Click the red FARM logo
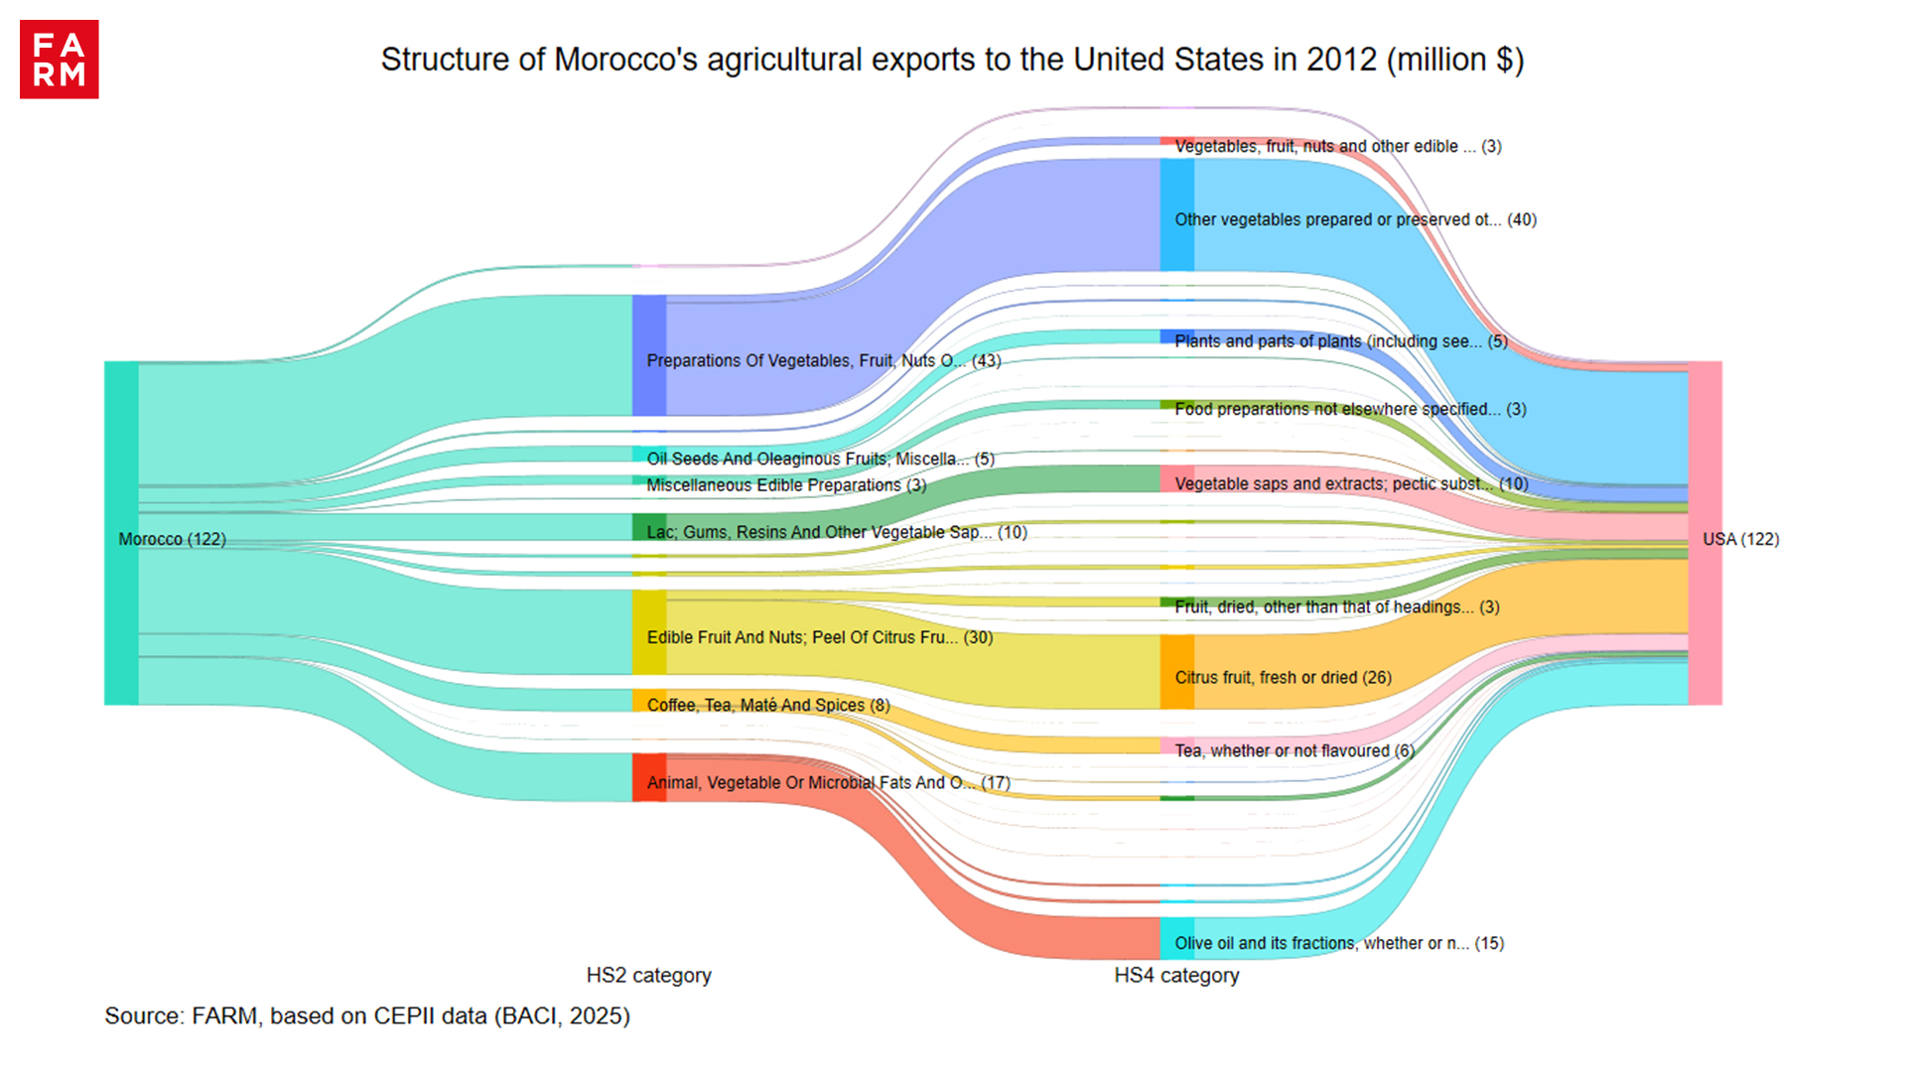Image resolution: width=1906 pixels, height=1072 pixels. point(59,60)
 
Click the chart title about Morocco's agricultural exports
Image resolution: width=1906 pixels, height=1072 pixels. point(952,60)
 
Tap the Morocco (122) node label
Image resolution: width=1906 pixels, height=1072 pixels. point(172,539)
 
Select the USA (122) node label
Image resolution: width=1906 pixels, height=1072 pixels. point(1740,539)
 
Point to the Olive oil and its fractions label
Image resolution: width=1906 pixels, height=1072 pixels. point(1338,943)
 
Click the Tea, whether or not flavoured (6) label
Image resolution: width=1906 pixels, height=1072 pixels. point(1294,750)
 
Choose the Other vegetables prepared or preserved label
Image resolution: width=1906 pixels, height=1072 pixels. point(1355,219)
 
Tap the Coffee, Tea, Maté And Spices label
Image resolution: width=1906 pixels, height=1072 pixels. point(767,705)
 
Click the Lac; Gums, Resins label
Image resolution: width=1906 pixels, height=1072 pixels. point(836,532)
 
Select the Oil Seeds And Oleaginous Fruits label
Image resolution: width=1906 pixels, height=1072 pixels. point(820,459)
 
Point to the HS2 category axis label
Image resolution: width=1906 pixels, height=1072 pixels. point(648,975)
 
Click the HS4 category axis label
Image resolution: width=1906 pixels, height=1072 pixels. point(1176,975)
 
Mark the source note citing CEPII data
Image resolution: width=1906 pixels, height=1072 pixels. point(367,1015)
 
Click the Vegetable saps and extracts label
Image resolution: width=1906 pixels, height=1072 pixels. point(1351,483)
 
